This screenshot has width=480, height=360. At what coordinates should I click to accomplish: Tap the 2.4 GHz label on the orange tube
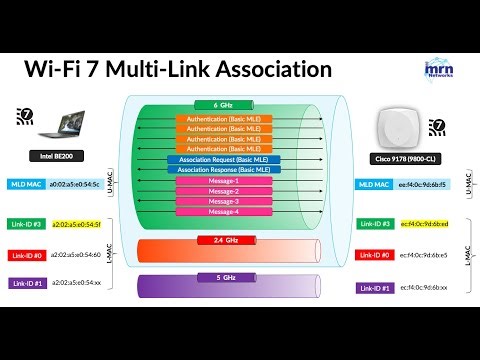pos(224,241)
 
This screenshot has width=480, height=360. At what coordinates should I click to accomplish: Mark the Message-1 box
pos(224,181)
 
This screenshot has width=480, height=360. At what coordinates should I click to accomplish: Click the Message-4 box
pos(224,211)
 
